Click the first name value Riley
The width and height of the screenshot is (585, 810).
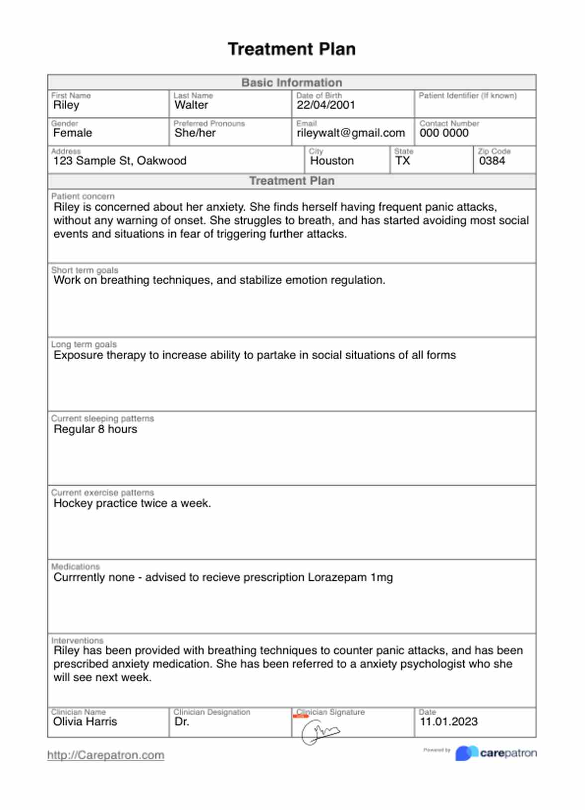66,105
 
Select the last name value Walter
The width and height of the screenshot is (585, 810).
191,105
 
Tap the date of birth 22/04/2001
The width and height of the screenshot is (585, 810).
326,105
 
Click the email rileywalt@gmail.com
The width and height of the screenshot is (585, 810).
351,133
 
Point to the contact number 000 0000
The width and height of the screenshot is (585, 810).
444,133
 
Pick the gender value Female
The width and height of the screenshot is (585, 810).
73,133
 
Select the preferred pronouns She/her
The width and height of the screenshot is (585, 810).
195,133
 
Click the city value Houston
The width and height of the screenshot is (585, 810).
332,161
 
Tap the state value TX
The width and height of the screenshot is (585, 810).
402,161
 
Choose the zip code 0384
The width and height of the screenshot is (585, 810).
492,161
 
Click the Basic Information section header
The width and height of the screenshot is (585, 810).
292,82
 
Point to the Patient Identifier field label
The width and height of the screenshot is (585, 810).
468,95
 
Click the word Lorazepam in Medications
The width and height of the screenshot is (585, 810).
337,577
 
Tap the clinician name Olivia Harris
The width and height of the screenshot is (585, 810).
85,722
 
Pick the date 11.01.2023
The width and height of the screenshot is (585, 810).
449,722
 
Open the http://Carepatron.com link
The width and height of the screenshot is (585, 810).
105,755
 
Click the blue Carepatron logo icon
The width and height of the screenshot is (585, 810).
466,753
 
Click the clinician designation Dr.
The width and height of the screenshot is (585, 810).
182,722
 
